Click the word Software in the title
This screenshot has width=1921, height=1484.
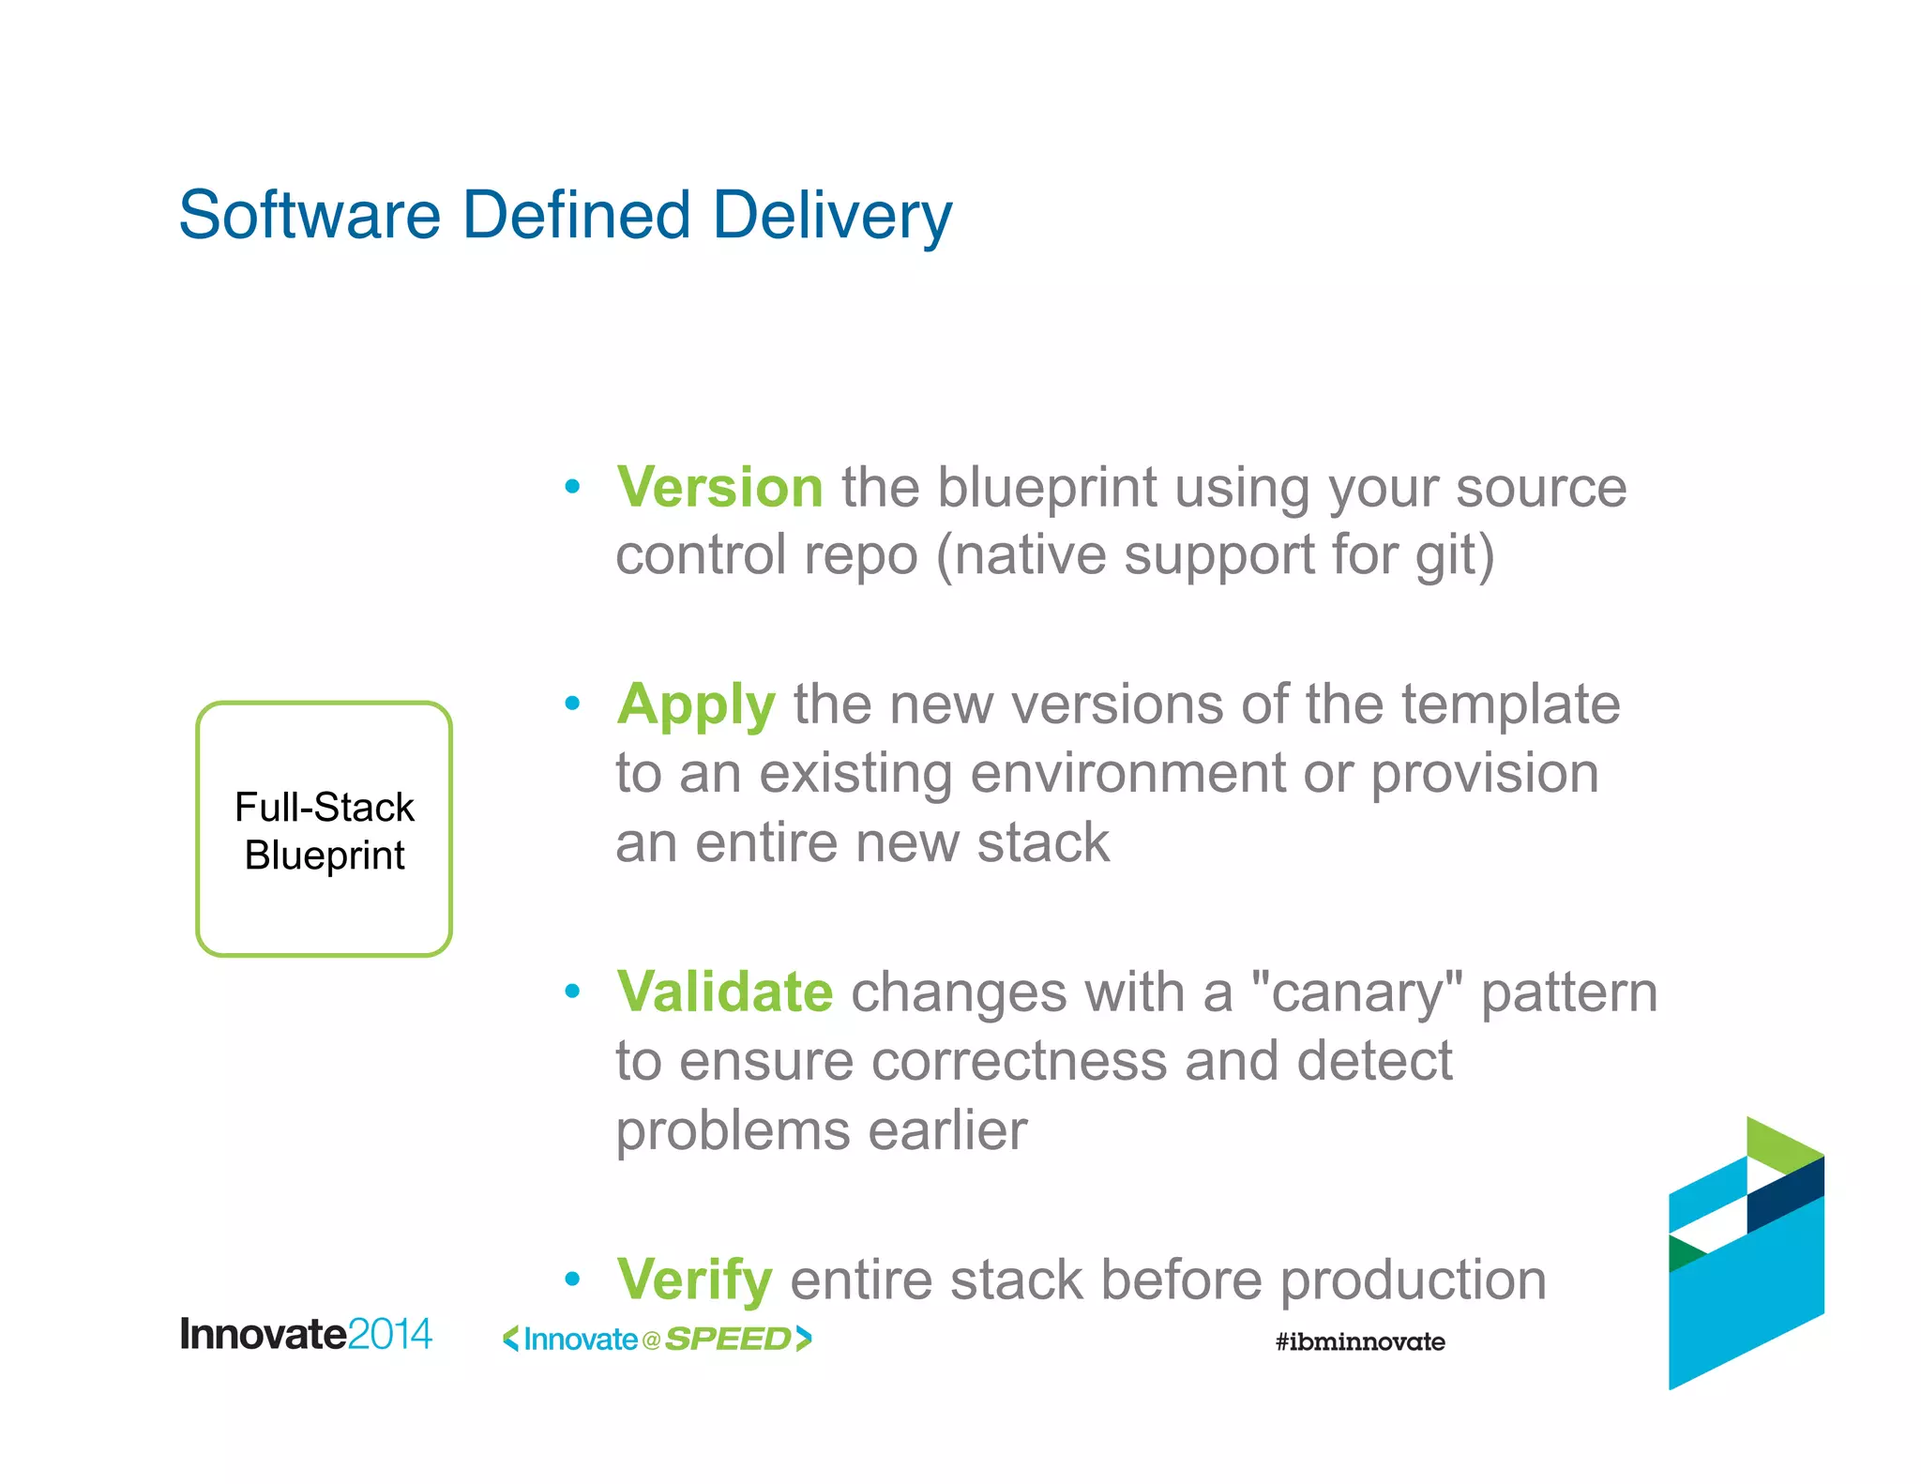click(x=310, y=216)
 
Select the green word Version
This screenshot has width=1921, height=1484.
click(x=719, y=488)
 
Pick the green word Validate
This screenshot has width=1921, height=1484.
click(x=724, y=992)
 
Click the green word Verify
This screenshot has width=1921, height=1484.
click(x=694, y=1280)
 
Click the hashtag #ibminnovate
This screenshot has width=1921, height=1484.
click(x=1360, y=1341)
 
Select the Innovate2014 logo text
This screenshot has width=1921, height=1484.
click(x=306, y=1334)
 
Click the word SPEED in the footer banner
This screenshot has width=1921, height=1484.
click(x=728, y=1340)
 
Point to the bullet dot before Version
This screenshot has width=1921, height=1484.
click(x=572, y=487)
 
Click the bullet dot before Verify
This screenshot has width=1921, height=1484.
click(x=572, y=1279)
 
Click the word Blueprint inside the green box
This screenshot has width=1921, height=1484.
click(x=325, y=856)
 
